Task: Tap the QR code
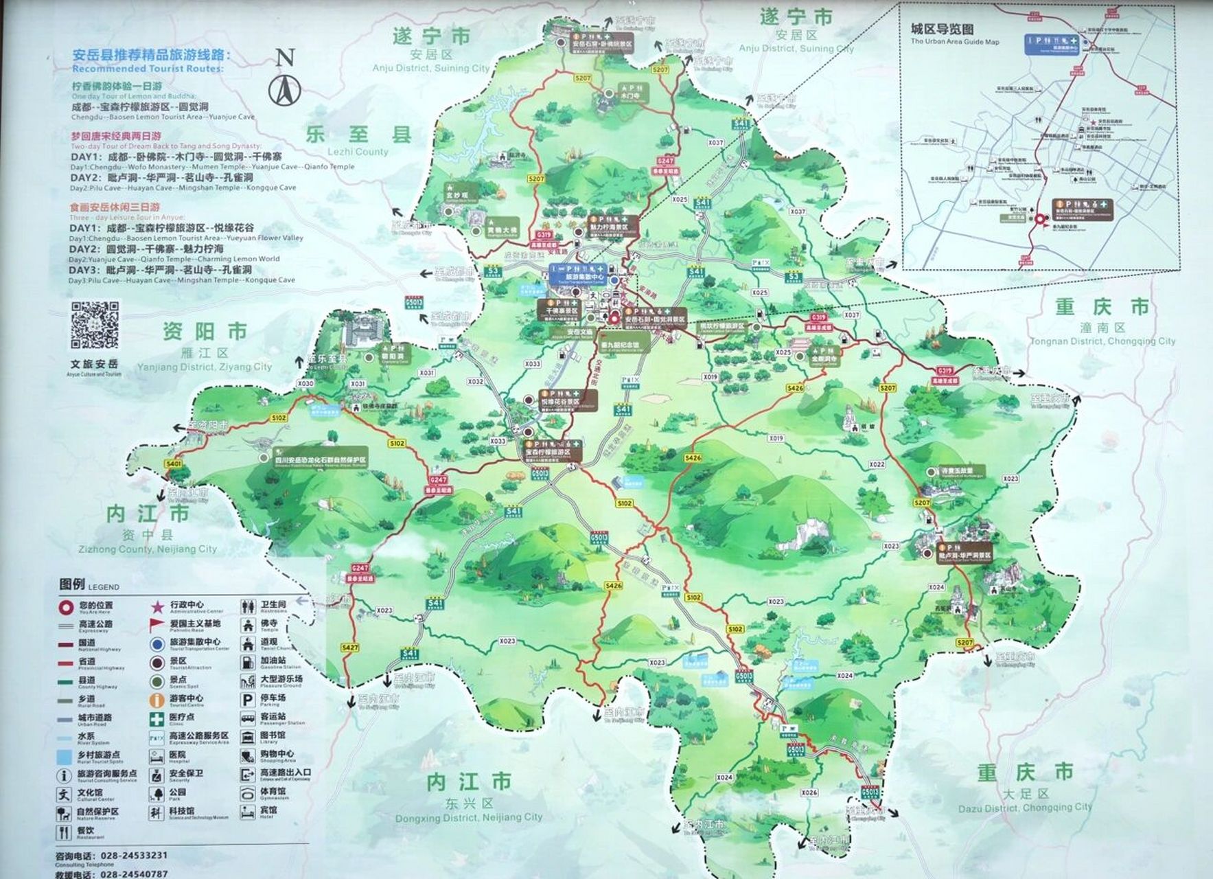coord(95,326)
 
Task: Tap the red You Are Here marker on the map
coord(614,319)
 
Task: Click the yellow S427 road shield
coord(350,648)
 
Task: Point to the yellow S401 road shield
coord(173,464)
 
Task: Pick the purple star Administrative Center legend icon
coord(157,606)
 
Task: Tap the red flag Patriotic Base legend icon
coord(157,625)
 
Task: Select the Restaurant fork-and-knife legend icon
coord(65,833)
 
